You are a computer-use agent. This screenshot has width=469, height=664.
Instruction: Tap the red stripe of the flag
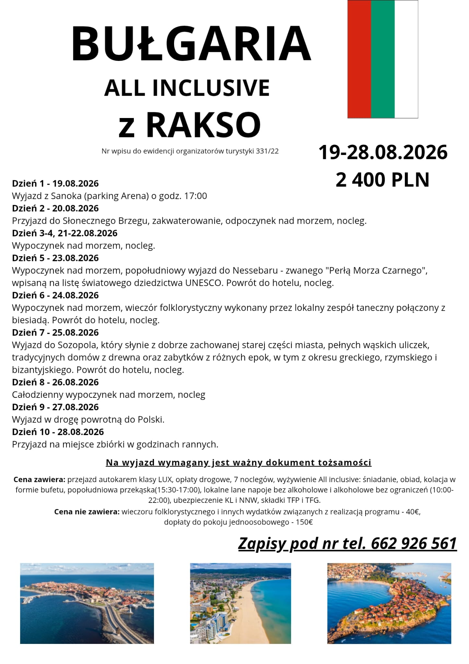coord(359,59)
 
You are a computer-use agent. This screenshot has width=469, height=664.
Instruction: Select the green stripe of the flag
coord(383,59)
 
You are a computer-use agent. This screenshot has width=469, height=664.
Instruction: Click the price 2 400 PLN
coord(382,180)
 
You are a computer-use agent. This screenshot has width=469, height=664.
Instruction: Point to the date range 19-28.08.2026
coord(383,152)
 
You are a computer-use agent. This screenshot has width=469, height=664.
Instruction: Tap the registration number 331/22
coord(267,151)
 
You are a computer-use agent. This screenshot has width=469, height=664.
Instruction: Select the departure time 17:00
coord(195,196)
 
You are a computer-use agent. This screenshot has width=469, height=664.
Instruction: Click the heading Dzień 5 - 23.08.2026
coord(55,258)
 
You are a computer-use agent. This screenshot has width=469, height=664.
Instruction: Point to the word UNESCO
coord(204,283)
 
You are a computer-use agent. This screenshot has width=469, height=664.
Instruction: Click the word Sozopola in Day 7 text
coord(77,345)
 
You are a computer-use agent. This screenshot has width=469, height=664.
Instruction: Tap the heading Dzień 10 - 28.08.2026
coord(58,432)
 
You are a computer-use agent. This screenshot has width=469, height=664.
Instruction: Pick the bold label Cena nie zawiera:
coord(87,512)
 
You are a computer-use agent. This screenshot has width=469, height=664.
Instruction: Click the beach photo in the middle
coord(240,603)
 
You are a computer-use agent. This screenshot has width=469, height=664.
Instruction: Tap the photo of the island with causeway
coord(87,603)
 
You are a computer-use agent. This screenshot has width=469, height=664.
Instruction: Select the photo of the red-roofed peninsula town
coord(389,603)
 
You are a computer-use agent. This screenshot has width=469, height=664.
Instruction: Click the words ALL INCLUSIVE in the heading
coord(187,88)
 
